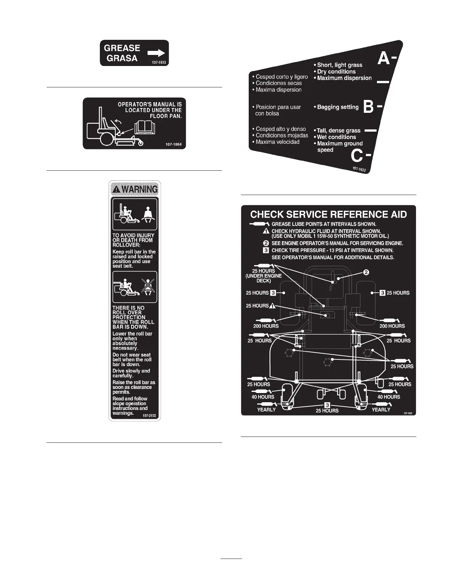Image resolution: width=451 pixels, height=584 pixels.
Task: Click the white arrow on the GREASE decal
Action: [x=156, y=53]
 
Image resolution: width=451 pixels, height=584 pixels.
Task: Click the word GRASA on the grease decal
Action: [x=122, y=58]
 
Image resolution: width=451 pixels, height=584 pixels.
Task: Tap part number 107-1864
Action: [x=174, y=144]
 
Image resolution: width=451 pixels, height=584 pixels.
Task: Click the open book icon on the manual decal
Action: [x=145, y=128]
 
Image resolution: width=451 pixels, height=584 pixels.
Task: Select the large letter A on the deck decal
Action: [x=384, y=59]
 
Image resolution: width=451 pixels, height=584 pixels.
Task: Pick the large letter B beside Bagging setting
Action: [x=368, y=107]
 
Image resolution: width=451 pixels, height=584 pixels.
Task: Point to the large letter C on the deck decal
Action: [x=357, y=156]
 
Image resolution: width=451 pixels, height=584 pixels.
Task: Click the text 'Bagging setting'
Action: [x=338, y=107]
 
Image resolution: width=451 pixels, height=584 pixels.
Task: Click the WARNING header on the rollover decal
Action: [x=135, y=189]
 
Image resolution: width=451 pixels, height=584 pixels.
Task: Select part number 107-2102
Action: [x=149, y=416]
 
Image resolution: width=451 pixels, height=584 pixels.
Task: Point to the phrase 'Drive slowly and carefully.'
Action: [x=131, y=373]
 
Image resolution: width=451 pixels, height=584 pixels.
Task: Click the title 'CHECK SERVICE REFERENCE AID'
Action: [x=328, y=215]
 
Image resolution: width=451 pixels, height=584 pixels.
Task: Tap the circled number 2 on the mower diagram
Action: [x=366, y=272]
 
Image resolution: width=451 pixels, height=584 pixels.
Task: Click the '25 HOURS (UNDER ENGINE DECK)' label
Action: [x=263, y=276]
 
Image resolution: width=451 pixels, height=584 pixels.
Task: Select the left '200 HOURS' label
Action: [x=266, y=326]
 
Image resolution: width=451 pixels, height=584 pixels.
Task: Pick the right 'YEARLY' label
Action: [x=381, y=410]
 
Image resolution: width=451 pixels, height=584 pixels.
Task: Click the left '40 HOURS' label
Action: [x=263, y=397]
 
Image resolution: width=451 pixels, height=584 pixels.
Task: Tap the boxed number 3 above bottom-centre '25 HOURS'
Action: [x=327, y=405]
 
